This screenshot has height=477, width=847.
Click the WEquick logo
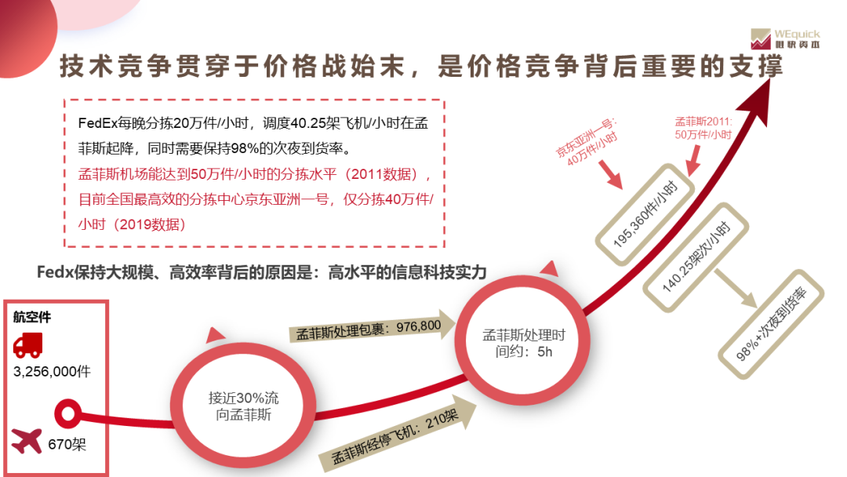point(785,39)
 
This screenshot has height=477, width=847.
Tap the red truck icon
point(28,344)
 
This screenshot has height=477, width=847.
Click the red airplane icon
point(27,442)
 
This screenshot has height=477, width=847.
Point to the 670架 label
point(67,445)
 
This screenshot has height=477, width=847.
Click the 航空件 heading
point(32,317)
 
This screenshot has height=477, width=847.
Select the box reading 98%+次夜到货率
point(772,323)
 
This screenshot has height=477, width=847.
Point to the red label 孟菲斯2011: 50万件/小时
point(703,129)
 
